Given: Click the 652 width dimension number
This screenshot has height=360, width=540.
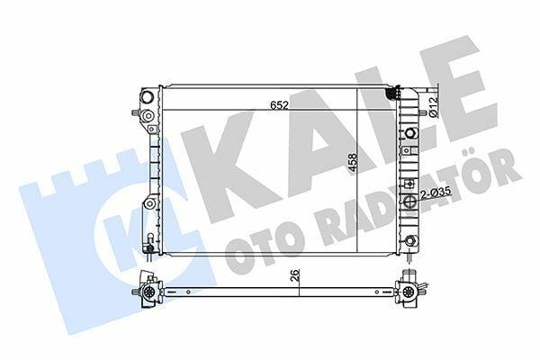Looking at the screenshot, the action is (x=279, y=105).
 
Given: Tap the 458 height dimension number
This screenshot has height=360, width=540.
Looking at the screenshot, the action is (x=353, y=163).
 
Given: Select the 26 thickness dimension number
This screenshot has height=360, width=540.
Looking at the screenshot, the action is (x=296, y=275).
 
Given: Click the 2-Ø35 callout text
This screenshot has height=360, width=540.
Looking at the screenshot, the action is (x=436, y=195).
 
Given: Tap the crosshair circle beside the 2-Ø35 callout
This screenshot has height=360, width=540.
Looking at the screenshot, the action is (x=409, y=202).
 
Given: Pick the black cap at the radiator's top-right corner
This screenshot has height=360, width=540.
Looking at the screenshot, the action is (x=392, y=93).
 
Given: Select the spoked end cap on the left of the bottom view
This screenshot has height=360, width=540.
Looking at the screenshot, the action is (x=148, y=292).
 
